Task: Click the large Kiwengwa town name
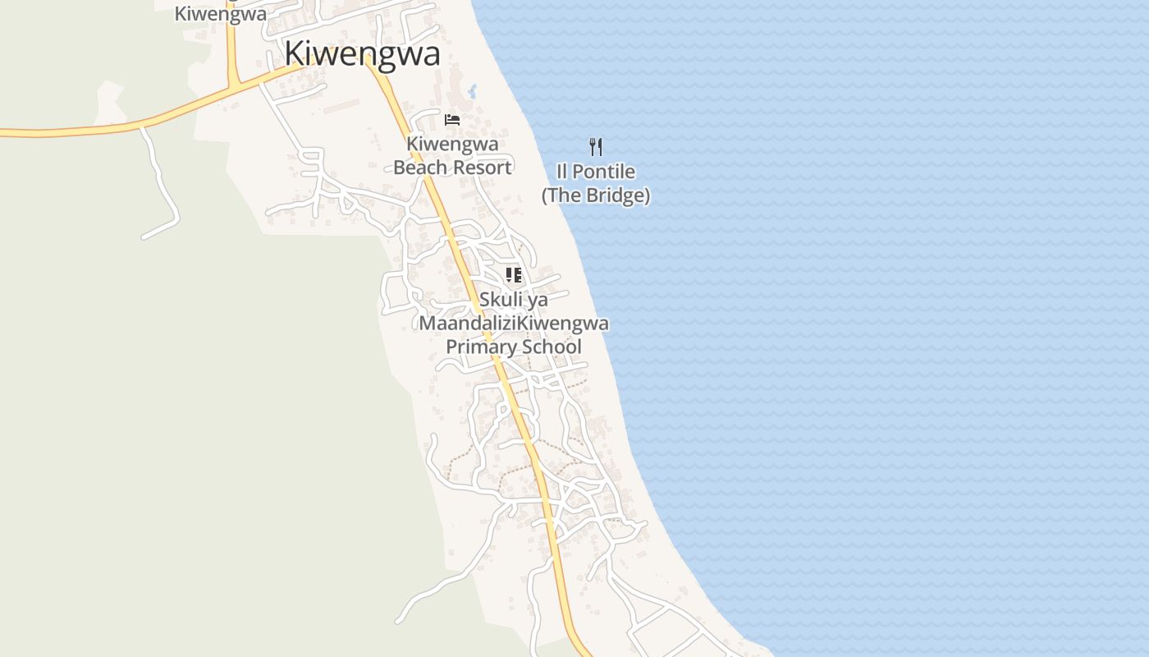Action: pos(362,53)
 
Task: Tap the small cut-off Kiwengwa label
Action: pos(221,14)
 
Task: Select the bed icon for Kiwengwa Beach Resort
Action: pos(452,120)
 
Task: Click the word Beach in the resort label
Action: pos(423,168)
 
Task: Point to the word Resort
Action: pos(483,168)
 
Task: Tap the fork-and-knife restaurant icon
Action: pos(596,147)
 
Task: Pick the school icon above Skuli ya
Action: pos(514,275)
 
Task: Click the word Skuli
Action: pos(501,300)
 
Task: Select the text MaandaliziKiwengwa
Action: pos(514,323)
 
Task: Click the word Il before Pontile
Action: pos(562,172)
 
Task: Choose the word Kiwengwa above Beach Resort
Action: pos(452,145)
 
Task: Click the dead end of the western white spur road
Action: pos(144,238)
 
